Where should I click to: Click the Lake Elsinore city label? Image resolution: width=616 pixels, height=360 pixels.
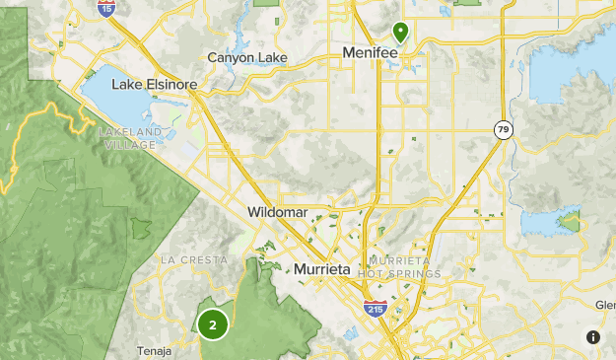155,84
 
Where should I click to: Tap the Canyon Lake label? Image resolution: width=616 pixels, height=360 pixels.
246,58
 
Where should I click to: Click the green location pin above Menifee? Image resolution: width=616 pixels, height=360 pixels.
400,32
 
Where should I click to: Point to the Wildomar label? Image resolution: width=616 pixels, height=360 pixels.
279,212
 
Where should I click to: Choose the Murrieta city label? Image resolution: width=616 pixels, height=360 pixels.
322,269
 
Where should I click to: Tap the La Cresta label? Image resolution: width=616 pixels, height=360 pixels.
193,260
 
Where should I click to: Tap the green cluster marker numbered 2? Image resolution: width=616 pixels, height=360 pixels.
212,324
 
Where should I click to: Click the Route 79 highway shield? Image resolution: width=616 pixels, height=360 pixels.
504,129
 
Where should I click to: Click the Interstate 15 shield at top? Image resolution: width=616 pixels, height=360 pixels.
105,8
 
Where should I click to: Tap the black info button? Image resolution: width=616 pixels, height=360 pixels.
593,337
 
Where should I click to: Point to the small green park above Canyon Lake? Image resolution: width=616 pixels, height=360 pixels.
266,3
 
